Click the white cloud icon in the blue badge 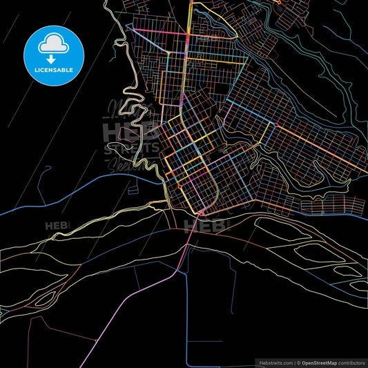coord(53,44)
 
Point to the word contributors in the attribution coord(352,361)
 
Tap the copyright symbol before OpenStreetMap coord(298,361)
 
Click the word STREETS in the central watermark coord(131,148)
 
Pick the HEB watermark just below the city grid coord(204,224)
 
